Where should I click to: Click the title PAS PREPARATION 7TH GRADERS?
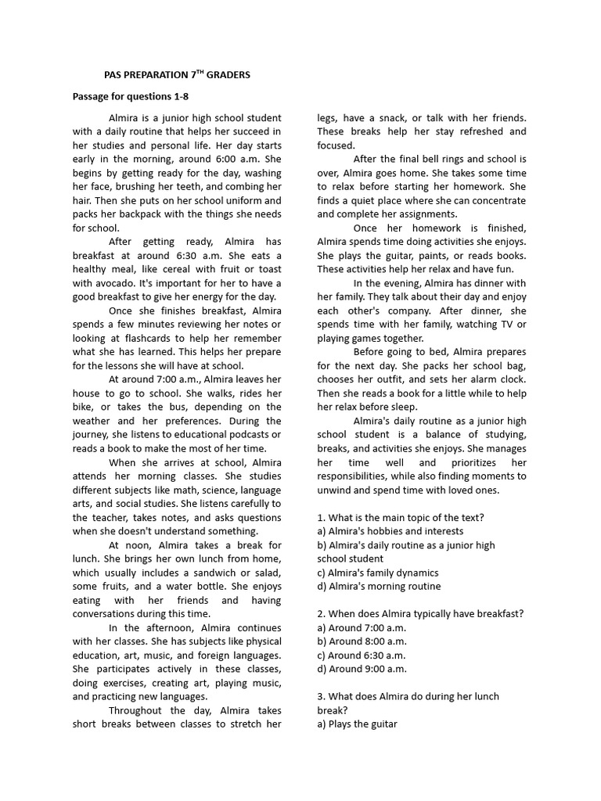click(x=177, y=75)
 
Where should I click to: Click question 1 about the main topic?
click(x=401, y=517)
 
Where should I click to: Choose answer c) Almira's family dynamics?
click(x=377, y=573)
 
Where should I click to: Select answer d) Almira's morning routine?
click(x=379, y=586)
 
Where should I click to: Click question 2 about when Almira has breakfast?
click(x=420, y=614)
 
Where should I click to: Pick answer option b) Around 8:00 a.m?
click(x=362, y=641)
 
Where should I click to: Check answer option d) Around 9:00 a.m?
click(x=362, y=669)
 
